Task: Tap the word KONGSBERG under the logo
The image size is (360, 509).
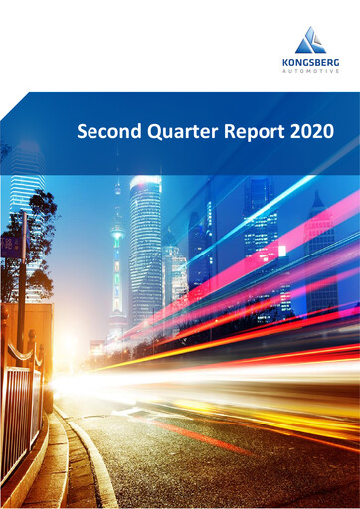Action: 310,62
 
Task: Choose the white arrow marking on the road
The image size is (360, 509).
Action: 129,411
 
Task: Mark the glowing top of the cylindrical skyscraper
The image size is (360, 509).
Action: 145,183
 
